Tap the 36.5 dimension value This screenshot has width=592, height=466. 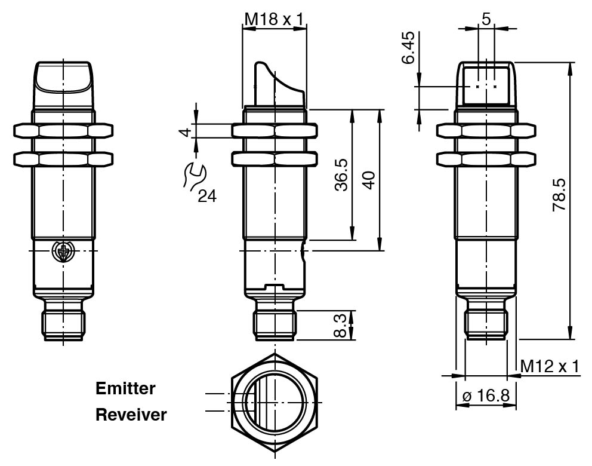click(341, 175)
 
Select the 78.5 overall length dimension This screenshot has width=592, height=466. click(559, 195)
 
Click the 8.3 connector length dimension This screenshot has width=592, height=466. click(340, 325)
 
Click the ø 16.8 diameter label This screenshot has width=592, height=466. click(486, 396)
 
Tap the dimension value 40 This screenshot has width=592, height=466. click(370, 180)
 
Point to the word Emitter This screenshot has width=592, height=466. click(125, 388)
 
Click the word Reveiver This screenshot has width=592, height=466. click(131, 414)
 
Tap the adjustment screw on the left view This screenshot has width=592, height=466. click(63, 252)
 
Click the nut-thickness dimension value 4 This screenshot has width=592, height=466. click(186, 131)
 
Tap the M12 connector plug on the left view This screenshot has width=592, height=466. click(63, 324)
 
